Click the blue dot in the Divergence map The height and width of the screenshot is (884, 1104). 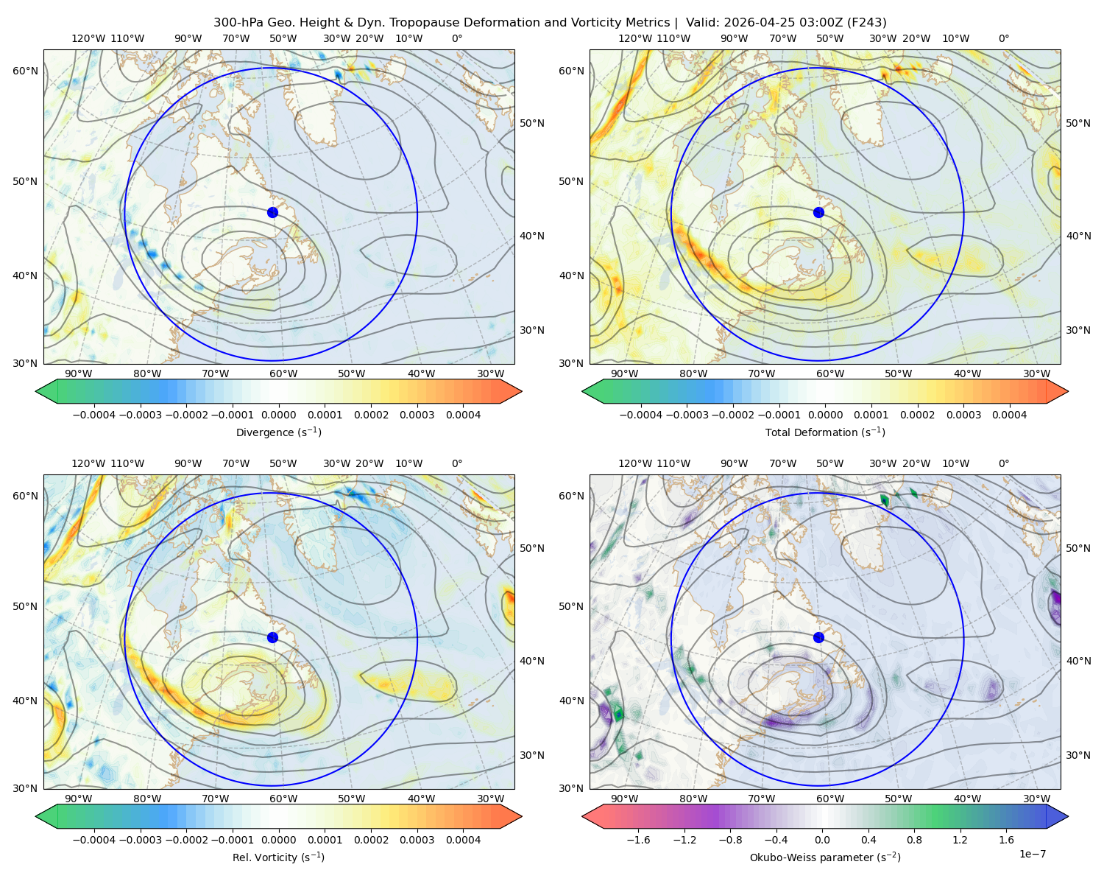point(272,212)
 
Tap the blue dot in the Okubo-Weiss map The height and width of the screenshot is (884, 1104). point(818,637)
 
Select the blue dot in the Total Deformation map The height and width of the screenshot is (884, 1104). point(818,212)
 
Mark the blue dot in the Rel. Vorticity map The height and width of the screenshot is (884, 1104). point(272,637)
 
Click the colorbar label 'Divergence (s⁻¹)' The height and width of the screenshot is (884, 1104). point(278,432)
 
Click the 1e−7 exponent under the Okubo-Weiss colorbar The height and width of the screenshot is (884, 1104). point(1032,854)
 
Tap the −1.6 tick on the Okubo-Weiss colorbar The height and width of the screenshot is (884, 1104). point(638,840)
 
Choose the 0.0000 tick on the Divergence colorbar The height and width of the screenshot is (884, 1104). point(278,415)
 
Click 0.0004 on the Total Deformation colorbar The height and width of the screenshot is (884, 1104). point(1009,415)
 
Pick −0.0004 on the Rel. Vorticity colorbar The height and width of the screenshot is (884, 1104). point(94,840)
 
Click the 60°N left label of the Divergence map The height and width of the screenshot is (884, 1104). point(25,71)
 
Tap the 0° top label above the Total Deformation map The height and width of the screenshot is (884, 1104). point(1003,38)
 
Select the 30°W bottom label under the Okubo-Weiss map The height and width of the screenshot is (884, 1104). point(1037,799)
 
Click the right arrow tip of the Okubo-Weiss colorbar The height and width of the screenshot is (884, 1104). point(1068,816)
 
